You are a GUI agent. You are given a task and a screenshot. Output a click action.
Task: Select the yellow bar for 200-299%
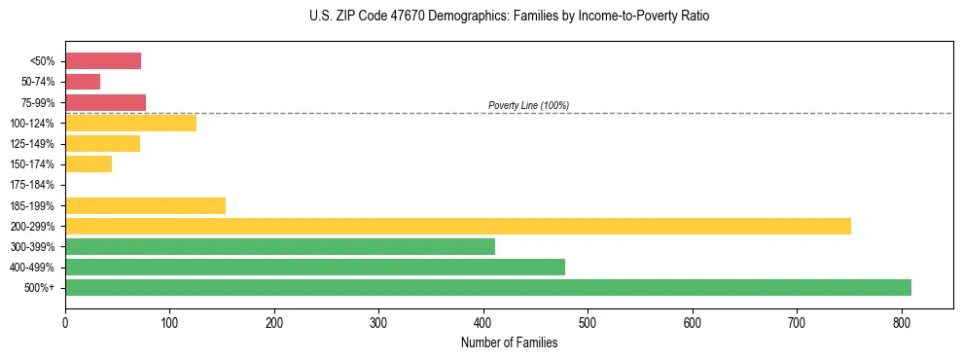point(458,227)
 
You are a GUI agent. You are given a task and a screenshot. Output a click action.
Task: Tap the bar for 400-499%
point(315,268)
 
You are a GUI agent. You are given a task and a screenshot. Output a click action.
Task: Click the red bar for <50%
point(103,61)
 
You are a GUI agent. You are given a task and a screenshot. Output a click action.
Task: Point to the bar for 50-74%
point(83,82)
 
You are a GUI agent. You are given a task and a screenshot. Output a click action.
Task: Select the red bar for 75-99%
point(105,102)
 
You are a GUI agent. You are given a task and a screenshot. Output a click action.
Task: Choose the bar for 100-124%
point(130,124)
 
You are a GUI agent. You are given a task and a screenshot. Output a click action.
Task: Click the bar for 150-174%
point(89,164)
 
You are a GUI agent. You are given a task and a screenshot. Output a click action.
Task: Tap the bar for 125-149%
point(102,144)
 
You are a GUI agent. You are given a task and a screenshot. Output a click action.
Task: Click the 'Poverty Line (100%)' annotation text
point(528,105)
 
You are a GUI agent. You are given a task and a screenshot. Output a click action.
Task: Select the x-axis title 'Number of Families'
point(509,342)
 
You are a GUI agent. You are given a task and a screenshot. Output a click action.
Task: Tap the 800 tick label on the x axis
point(902,321)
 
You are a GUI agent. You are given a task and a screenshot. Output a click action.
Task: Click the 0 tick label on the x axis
point(65,321)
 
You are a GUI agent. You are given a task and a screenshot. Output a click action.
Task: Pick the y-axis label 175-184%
point(32,185)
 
